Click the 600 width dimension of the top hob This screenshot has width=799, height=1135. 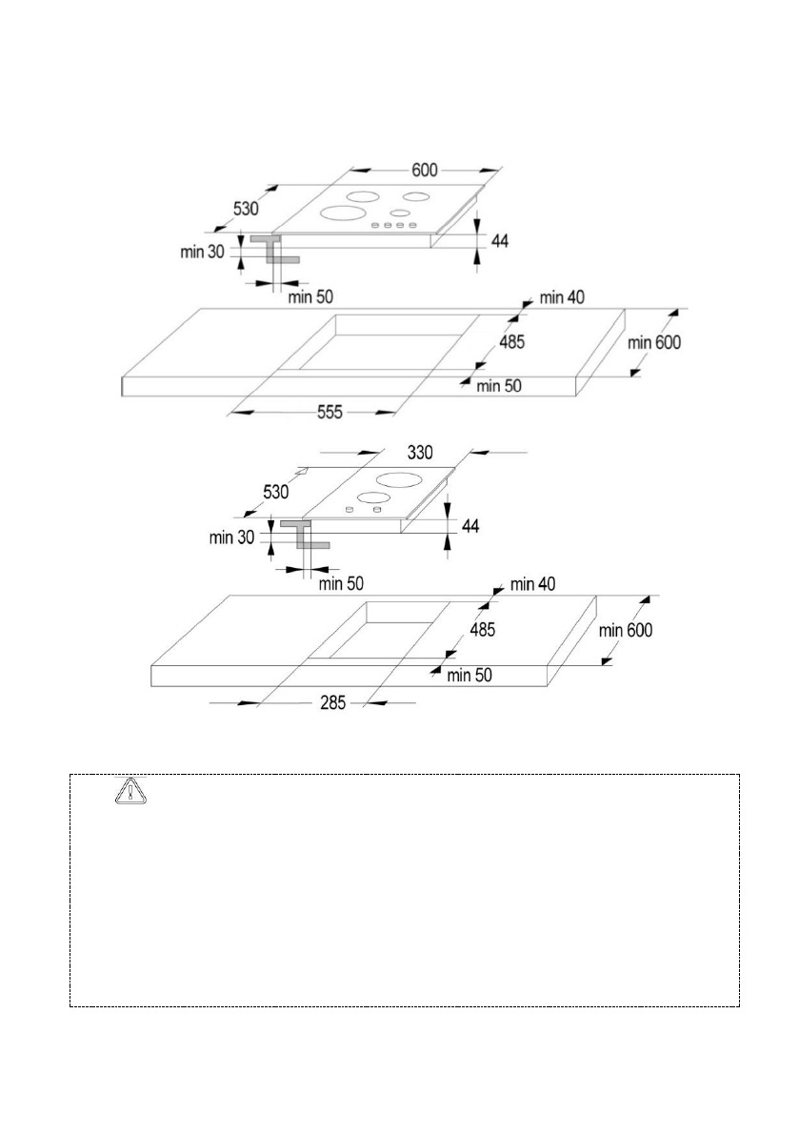pyautogui.click(x=425, y=170)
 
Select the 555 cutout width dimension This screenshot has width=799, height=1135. pyautogui.click(x=330, y=413)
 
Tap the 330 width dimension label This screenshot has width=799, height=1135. pyautogui.click(x=420, y=453)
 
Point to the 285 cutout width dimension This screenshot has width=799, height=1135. pyautogui.click(x=332, y=702)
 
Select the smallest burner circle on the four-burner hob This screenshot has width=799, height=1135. pyautogui.click(x=399, y=213)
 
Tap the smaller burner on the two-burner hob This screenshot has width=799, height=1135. pyautogui.click(x=374, y=497)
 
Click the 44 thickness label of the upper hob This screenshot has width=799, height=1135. pyautogui.click(x=500, y=240)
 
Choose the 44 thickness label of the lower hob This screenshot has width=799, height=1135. pyautogui.click(x=470, y=526)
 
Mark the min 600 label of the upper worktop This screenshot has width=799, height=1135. pyautogui.click(x=654, y=342)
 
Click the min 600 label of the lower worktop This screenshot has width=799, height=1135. pyautogui.click(x=626, y=631)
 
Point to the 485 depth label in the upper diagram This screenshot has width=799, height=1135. pyautogui.click(x=511, y=341)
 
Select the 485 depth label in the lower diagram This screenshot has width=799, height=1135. pyautogui.click(x=482, y=630)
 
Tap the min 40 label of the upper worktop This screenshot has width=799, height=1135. pyautogui.click(x=562, y=296)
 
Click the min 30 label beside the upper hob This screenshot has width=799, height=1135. pyautogui.click(x=203, y=252)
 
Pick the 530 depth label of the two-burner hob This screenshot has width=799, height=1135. pyautogui.click(x=275, y=493)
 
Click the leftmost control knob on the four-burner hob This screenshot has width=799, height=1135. pyautogui.click(x=375, y=227)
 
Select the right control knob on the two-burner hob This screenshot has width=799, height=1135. pyautogui.click(x=377, y=510)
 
